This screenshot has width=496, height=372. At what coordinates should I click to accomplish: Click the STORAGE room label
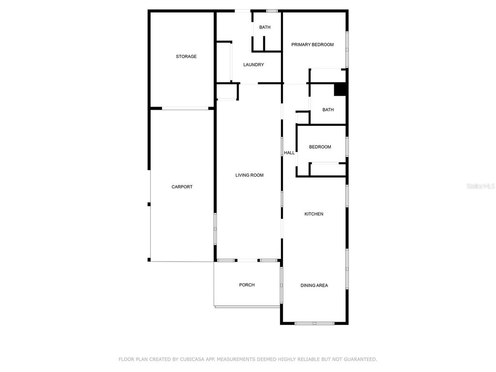(186, 57)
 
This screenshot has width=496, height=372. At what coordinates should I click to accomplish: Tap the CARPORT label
(182, 187)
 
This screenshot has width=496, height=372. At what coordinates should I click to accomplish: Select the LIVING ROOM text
(249, 175)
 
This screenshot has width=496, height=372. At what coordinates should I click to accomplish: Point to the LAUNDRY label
(253, 65)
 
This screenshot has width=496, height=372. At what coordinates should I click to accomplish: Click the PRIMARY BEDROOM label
(312, 45)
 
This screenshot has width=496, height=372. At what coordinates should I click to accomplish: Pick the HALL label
(289, 153)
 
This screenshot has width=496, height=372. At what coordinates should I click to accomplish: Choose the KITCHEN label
(313, 214)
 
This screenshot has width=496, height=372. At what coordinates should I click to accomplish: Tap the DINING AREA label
(314, 286)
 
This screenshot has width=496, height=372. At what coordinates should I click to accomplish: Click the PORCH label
(247, 285)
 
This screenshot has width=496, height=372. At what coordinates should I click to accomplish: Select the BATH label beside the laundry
(264, 27)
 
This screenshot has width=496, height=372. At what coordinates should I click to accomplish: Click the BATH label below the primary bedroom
(328, 109)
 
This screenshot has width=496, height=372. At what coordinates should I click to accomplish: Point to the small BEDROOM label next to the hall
(320, 147)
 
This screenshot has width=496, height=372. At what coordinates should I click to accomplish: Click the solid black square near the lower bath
(340, 90)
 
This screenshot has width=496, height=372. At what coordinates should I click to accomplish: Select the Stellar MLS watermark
(480, 186)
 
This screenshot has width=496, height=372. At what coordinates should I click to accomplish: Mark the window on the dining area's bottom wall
(314, 323)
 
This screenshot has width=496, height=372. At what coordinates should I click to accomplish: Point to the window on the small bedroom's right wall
(347, 147)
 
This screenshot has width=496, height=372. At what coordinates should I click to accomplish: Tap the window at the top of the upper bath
(272, 11)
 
